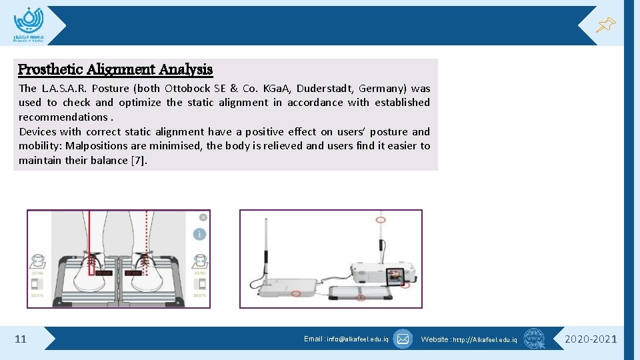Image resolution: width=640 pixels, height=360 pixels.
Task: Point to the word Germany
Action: click(382, 88)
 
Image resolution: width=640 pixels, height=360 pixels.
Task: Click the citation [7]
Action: click(139, 160)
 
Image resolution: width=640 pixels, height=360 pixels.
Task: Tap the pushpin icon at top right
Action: click(605, 26)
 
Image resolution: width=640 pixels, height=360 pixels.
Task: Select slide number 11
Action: click(21, 339)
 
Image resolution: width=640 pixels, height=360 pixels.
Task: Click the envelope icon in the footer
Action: click(403, 339)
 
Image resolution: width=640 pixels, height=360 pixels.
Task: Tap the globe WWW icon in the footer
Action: click(533, 339)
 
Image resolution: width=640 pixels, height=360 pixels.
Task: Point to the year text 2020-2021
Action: click(591, 339)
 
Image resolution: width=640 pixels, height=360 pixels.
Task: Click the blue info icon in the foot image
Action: click(199, 234)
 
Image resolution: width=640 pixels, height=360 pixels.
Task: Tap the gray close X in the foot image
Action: click(203, 217)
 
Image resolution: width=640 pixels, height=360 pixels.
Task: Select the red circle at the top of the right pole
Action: click(381, 219)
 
